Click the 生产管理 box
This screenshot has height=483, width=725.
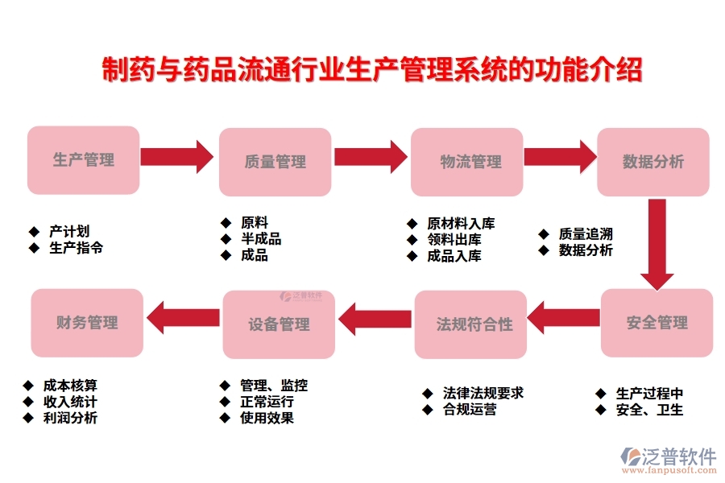[84, 159]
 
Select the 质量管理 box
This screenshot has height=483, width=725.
[275, 162]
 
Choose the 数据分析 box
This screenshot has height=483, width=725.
[653, 162]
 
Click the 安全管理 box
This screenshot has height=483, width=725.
[657, 323]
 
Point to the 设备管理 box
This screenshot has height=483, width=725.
[280, 324]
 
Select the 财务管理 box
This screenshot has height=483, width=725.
[87, 323]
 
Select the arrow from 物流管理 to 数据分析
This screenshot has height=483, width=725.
[558, 157]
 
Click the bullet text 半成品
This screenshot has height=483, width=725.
[260, 239]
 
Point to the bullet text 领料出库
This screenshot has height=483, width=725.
[454, 240]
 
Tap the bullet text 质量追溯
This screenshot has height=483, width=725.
[586, 233]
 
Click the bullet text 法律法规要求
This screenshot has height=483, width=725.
[483, 393]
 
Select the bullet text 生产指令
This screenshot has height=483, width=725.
[76, 248]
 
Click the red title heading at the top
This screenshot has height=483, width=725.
[371, 70]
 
